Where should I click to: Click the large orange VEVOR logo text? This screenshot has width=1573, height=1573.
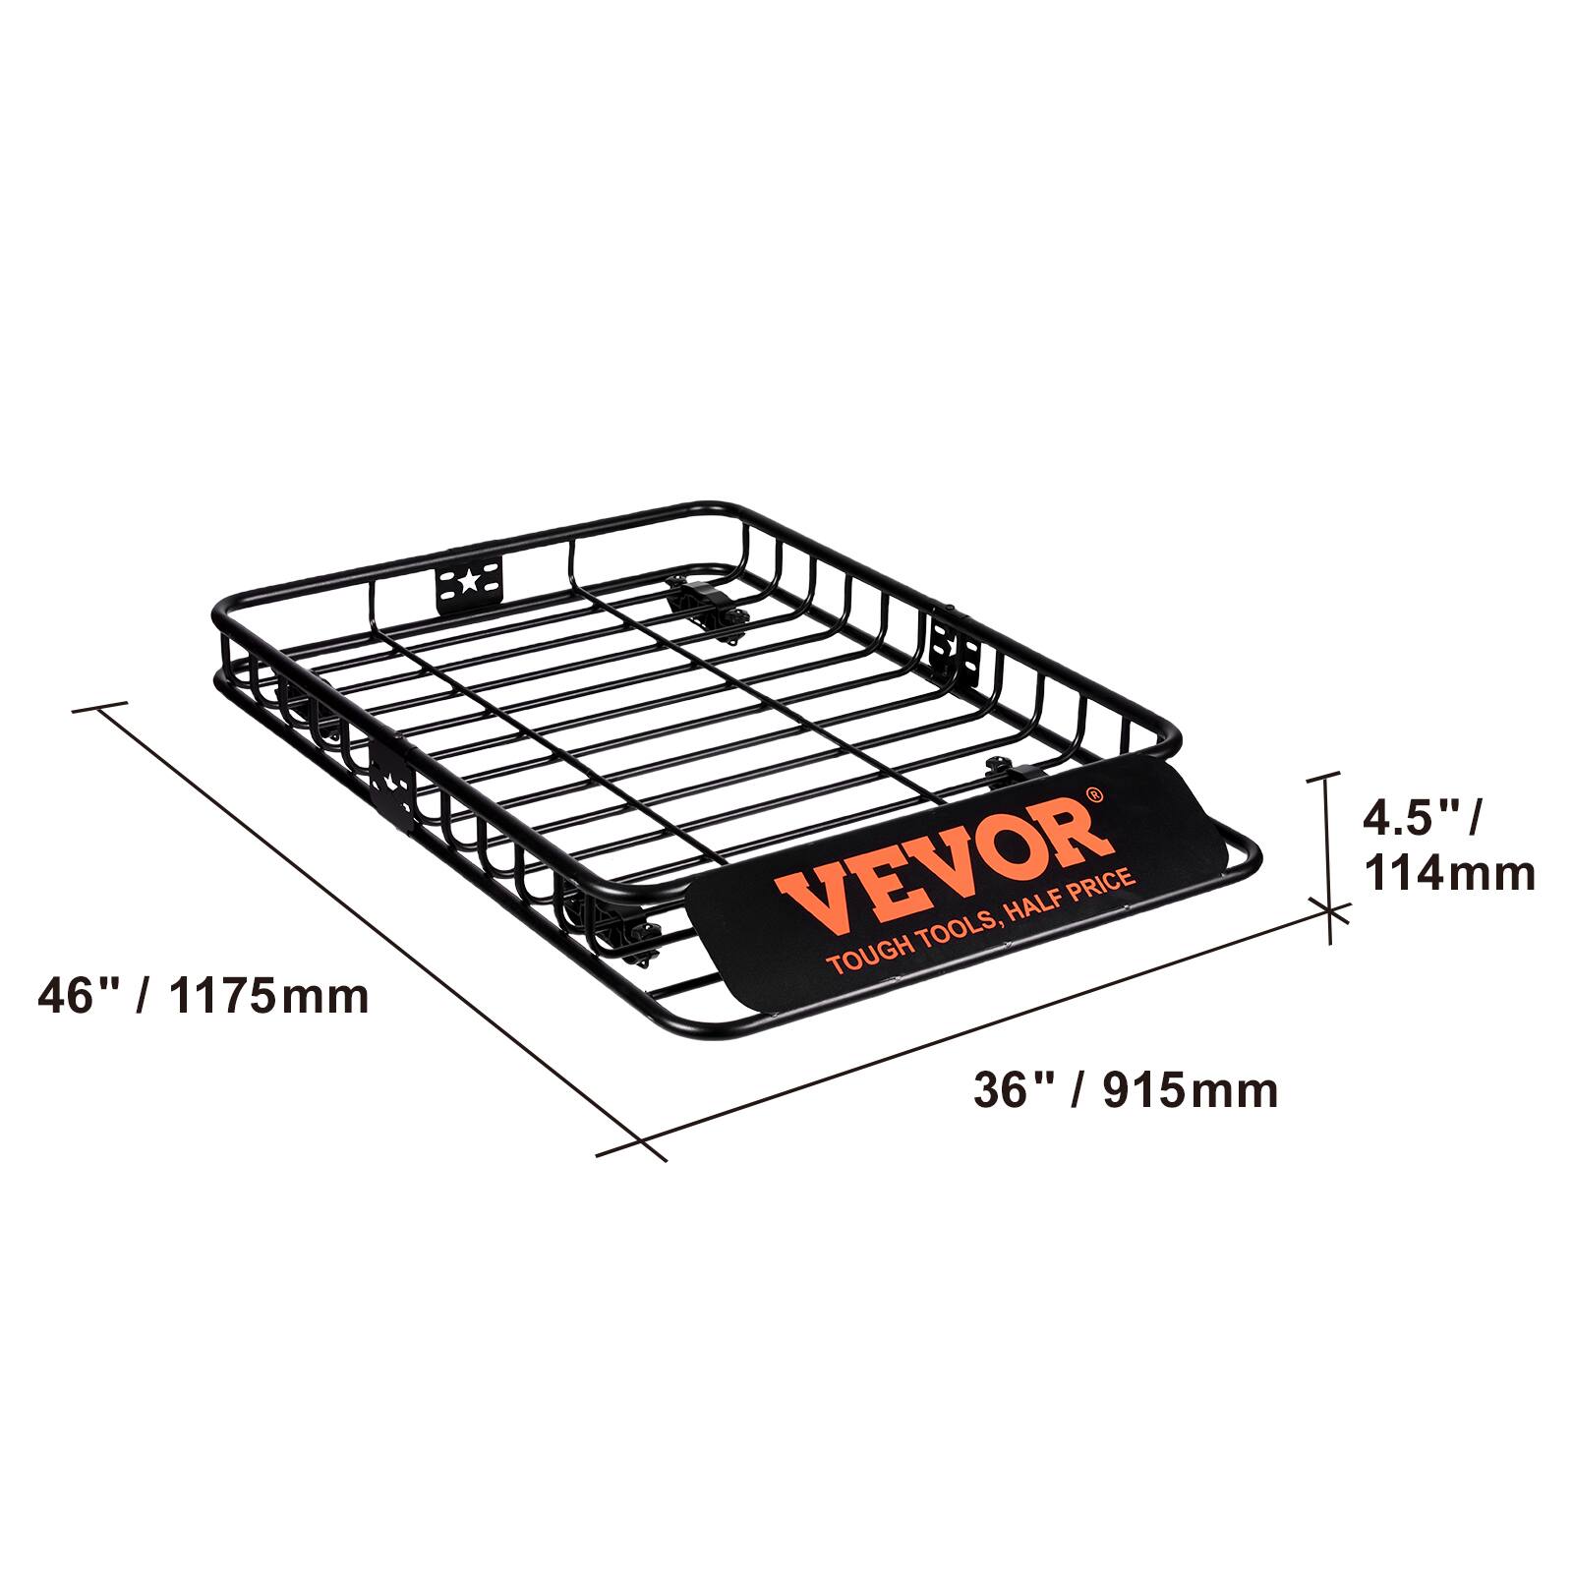click(944, 865)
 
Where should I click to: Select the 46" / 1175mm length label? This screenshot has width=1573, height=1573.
click(204, 996)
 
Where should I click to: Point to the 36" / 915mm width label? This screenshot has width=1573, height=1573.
click(1126, 1090)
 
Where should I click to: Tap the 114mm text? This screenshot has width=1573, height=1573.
click(1449, 873)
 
